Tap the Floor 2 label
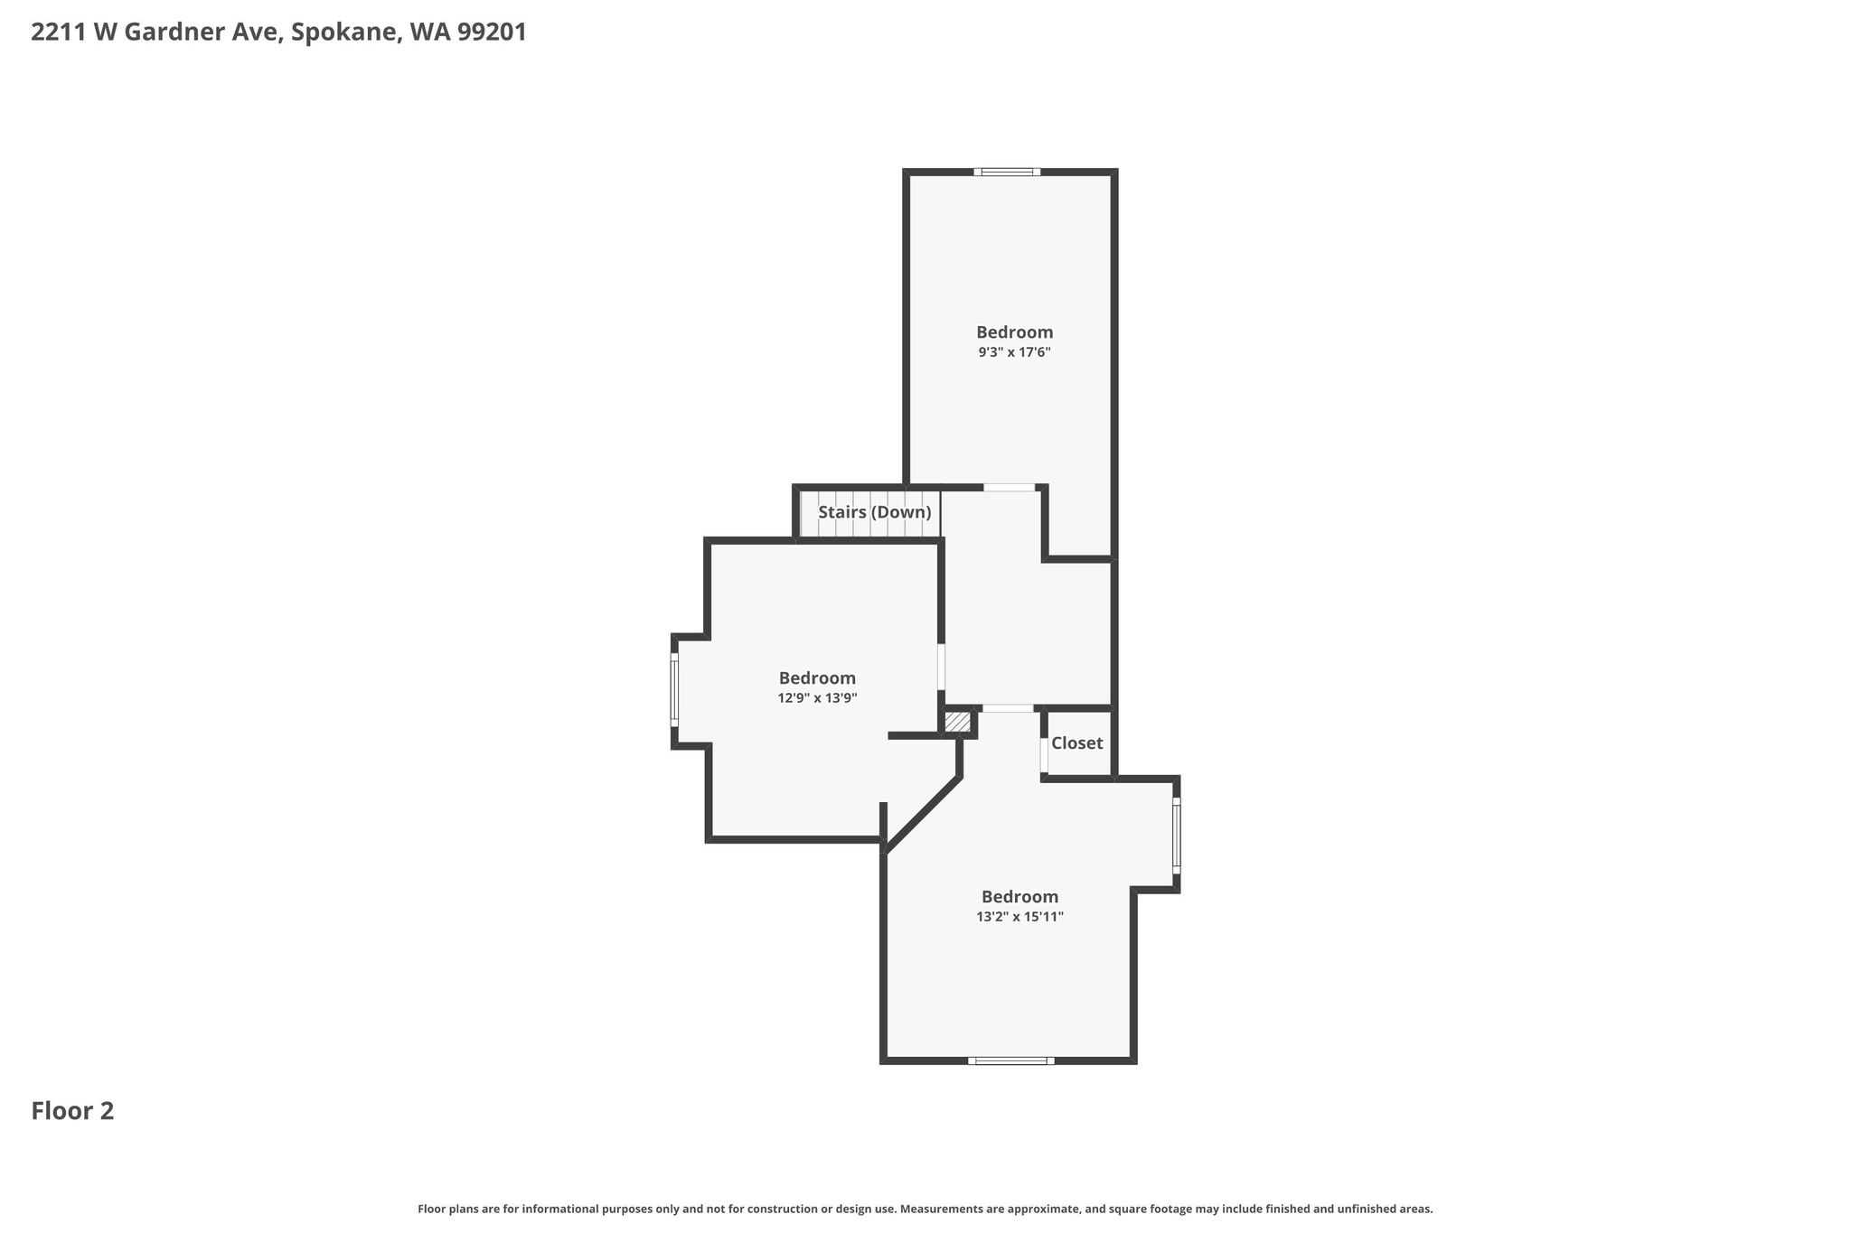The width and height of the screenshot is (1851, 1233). coord(72,1111)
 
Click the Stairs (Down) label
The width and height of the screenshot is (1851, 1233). coord(875,513)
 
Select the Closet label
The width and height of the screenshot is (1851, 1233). coord(1077,743)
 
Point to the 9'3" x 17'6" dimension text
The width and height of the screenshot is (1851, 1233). coord(1014,352)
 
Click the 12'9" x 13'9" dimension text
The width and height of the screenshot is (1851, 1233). coord(817,698)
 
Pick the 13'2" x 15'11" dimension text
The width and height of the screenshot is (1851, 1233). coord(1019,917)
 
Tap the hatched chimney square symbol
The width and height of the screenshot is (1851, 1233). coord(957,723)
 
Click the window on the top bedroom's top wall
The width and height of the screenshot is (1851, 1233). coord(1007,172)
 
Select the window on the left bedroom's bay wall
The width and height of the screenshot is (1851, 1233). coord(674,690)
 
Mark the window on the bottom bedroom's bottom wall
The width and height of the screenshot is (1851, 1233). coord(1011,1060)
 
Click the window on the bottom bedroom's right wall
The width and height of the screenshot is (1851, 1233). coord(1176,836)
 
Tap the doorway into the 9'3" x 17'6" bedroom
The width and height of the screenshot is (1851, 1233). coord(1010,488)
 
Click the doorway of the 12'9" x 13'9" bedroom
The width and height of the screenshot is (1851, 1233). coord(941,667)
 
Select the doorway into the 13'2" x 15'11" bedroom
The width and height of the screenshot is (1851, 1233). coord(1008,708)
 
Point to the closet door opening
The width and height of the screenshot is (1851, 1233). coord(1044,755)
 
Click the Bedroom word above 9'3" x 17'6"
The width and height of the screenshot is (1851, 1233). coord(1014,332)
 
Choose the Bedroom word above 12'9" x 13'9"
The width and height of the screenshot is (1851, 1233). coord(817,678)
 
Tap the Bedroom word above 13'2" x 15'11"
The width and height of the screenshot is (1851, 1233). coord(1019,897)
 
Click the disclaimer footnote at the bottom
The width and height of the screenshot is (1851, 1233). coord(925,1209)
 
